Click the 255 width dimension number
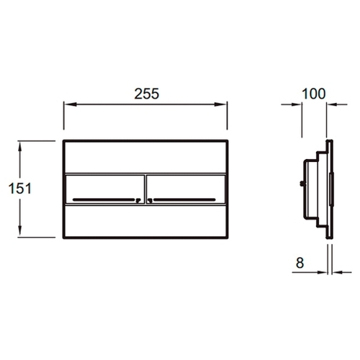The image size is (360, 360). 146,94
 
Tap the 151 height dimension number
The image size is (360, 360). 20,189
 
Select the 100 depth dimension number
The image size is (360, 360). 313,94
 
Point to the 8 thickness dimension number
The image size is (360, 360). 300,263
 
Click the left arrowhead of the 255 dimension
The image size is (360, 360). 70,104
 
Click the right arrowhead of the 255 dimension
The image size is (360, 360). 220,104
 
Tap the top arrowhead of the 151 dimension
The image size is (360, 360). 20,147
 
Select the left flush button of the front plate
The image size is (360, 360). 105,189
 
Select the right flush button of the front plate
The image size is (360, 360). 186,189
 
